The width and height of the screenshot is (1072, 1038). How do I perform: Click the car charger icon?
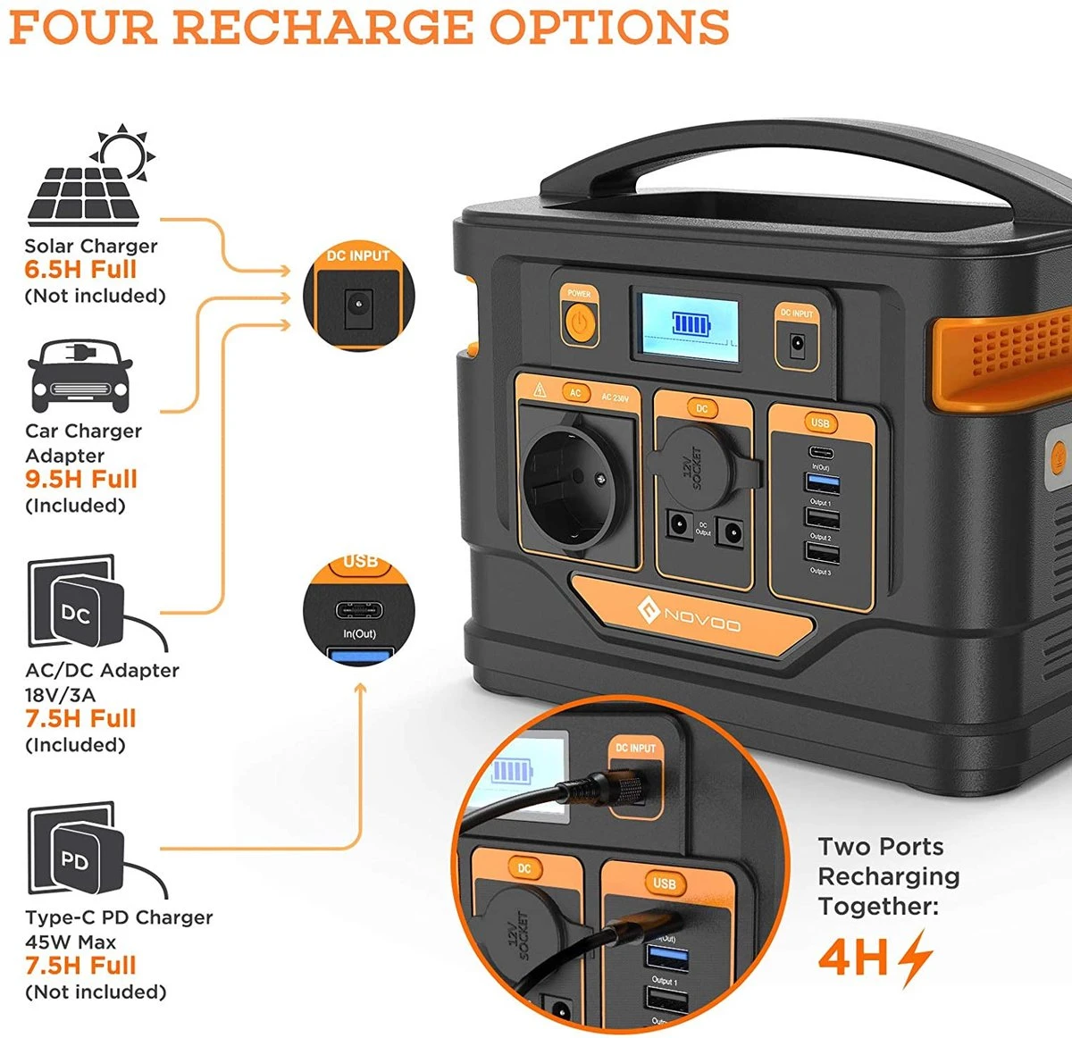pyautogui.click(x=80, y=374)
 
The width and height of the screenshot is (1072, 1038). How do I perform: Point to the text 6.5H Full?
pyautogui.click(x=80, y=270)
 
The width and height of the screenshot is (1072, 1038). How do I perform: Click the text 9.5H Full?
pyautogui.click(x=81, y=480)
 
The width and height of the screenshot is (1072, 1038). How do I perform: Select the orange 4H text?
pyautogui.click(x=853, y=958)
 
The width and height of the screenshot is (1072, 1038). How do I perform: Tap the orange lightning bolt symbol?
pyautogui.click(x=915, y=958)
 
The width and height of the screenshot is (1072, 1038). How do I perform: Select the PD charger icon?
pyautogui.click(x=73, y=852)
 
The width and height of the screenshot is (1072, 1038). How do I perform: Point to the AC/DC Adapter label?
pyautogui.click(x=102, y=670)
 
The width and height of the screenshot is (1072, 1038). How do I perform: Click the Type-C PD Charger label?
pyautogui.click(x=119, y=917)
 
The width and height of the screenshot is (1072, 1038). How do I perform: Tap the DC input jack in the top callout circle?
pyautogui.click(x=358, y=306)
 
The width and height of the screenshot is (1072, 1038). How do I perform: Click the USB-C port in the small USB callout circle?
pyautogui.click(x=359, y=611)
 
